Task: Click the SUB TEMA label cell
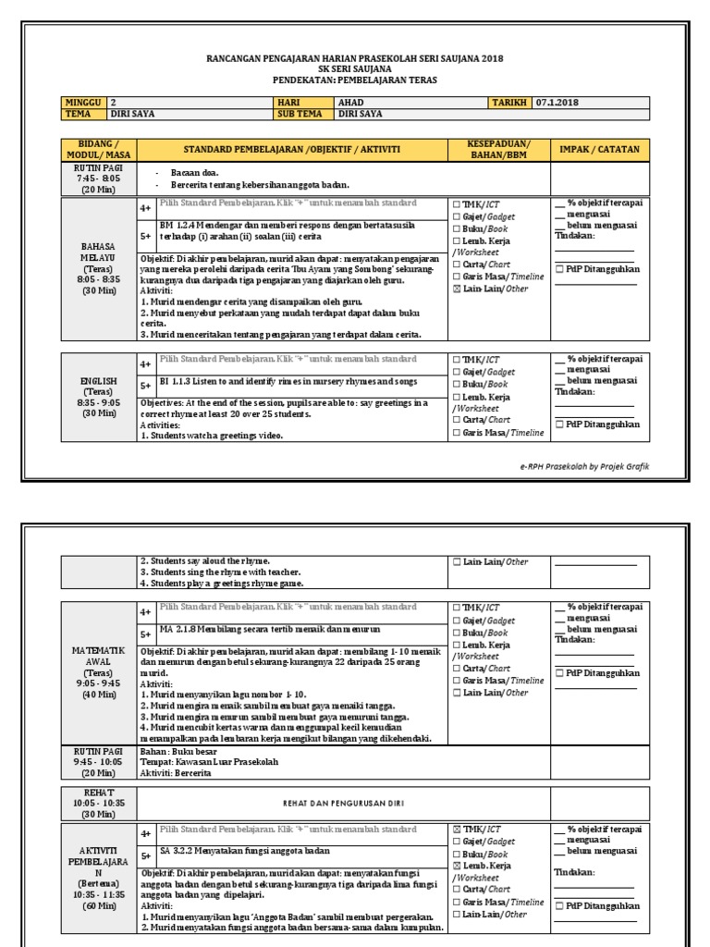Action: pyautogui.click(x=299, y=114)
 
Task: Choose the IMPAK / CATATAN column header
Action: pyautogui.click(x=600, y=150)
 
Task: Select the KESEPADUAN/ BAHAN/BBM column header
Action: pyautogui.click(x=499, y=150)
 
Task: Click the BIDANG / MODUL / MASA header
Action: pyautogui.click(x=97, y=150)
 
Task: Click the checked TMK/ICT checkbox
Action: pyautogui.click(x=456, y=829)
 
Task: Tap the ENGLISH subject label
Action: pyautogui.click(x=97, y=380)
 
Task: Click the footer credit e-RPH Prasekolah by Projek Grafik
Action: pyautogui.click(x=584, y=467)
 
